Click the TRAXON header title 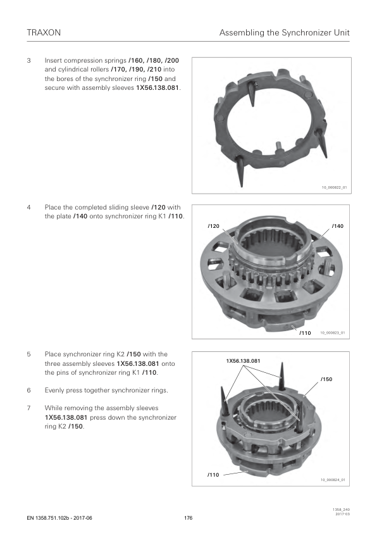coord(44,33)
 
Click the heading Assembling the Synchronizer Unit coord(284,33)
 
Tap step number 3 coord(28,61)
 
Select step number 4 coord(28,208)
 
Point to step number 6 coord(28,390)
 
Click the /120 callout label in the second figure coord(214,226)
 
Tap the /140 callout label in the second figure coord(338,226)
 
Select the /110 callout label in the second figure coord(305,333)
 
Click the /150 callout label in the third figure coord(326,379)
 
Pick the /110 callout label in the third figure coord(213,475)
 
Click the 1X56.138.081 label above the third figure coord(243,361)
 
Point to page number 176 coord(188,518)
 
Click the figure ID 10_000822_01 coord(335,187)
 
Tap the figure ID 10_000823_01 coord(333,333)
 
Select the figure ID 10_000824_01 coord(333,480)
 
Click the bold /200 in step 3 coord(172,61)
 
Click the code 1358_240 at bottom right coord(343,510)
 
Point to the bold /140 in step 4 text coord(80,216)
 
